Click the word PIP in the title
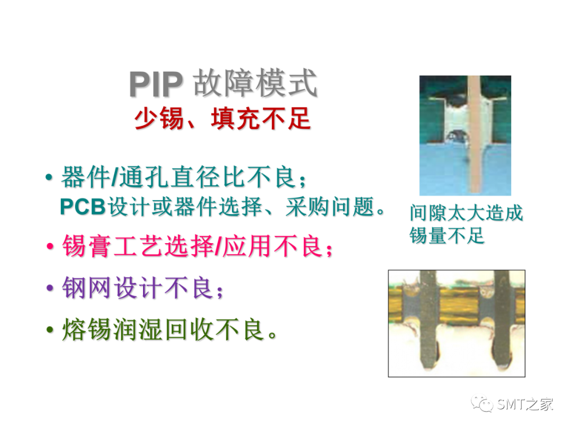point(156,84)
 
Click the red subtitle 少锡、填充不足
point(222,119)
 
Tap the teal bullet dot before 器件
point(49,177)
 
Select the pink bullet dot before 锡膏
point(50,246)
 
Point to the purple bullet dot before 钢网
point(50,288)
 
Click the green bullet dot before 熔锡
point(50,329)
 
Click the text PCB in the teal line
point(83,207)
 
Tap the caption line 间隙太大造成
point(466,213)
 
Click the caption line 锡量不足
point(446,235)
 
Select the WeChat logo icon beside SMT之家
point(482,404)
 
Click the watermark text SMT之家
point(524,404)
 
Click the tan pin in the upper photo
point(475,135)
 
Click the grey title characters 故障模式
point(255,84)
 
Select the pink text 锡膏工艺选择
point(138,246)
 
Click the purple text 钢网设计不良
point(137,288)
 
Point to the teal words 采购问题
point(330,207)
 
